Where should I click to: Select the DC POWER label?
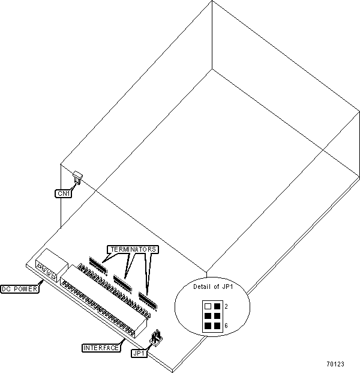19,290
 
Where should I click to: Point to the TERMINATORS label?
132,249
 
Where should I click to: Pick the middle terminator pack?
122,281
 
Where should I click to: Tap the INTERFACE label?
101,347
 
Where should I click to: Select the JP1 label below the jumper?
139,353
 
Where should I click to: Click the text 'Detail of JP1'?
212,287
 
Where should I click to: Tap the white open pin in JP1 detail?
207,306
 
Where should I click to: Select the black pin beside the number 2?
216,306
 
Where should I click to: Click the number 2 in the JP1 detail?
225,306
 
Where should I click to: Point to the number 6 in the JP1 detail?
225,326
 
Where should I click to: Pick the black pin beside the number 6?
216,326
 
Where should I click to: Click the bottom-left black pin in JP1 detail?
207,326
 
